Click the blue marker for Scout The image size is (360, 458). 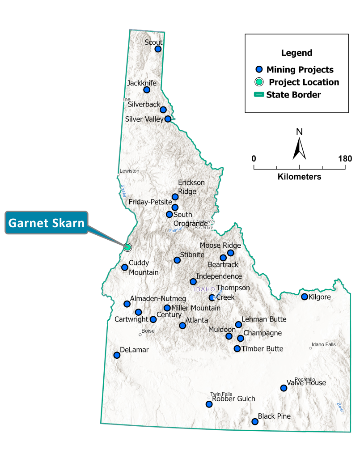click(158, 49)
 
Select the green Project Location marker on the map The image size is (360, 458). click(127, 247)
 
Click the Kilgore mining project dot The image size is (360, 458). click(305, 297)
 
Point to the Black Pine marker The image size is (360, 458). click(255, 421)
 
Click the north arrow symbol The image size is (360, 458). click(299, 145)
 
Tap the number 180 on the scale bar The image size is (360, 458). click(345, 159)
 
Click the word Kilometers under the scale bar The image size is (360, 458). click(299, 177)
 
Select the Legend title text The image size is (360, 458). click(296, 53)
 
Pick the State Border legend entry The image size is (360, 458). click(293, 94)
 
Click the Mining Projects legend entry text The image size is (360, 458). click(300, 69)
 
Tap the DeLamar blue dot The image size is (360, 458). click(117, 355)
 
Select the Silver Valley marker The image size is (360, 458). click(168, 119)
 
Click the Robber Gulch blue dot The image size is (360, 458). click(209, 404)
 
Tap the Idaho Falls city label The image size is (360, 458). click(322, 344)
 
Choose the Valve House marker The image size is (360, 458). click(284, 388)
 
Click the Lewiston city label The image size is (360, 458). click(130, 171)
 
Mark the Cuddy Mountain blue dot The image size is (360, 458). click(125, 267)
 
